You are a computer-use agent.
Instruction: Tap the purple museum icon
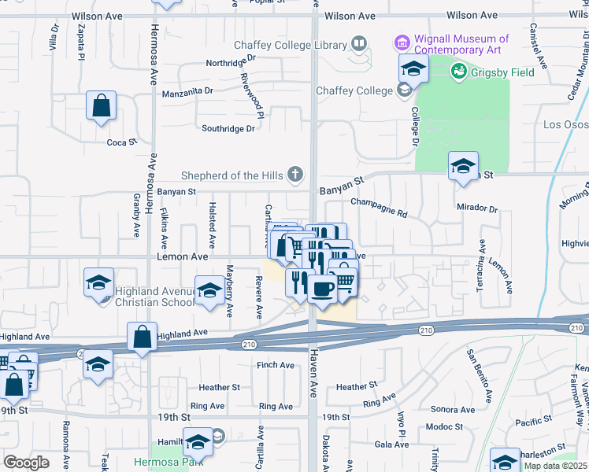click(x=402, y=42)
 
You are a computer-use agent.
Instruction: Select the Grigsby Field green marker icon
click(x=457, y=72)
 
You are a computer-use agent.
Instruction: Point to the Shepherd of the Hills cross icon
click(x=295, y=175)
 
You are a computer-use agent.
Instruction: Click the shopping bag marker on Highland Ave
click(x=141, y=337)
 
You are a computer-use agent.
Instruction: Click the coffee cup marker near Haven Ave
click(x=321, y=289)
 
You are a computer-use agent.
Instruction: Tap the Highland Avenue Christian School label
click(x=155, y=297)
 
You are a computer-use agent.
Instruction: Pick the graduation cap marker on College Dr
click(x=413, y=69)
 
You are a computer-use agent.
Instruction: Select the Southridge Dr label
click(x=228, y=128)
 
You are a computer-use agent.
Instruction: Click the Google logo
click(x=27, y=463)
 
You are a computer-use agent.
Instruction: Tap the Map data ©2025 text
click(x=554, y=466)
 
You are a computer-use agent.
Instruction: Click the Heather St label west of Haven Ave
click(x=219, y=388)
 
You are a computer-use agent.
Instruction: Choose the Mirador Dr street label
click(x=477, y=209)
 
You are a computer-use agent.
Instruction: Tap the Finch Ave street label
click(x=276, y=366)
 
